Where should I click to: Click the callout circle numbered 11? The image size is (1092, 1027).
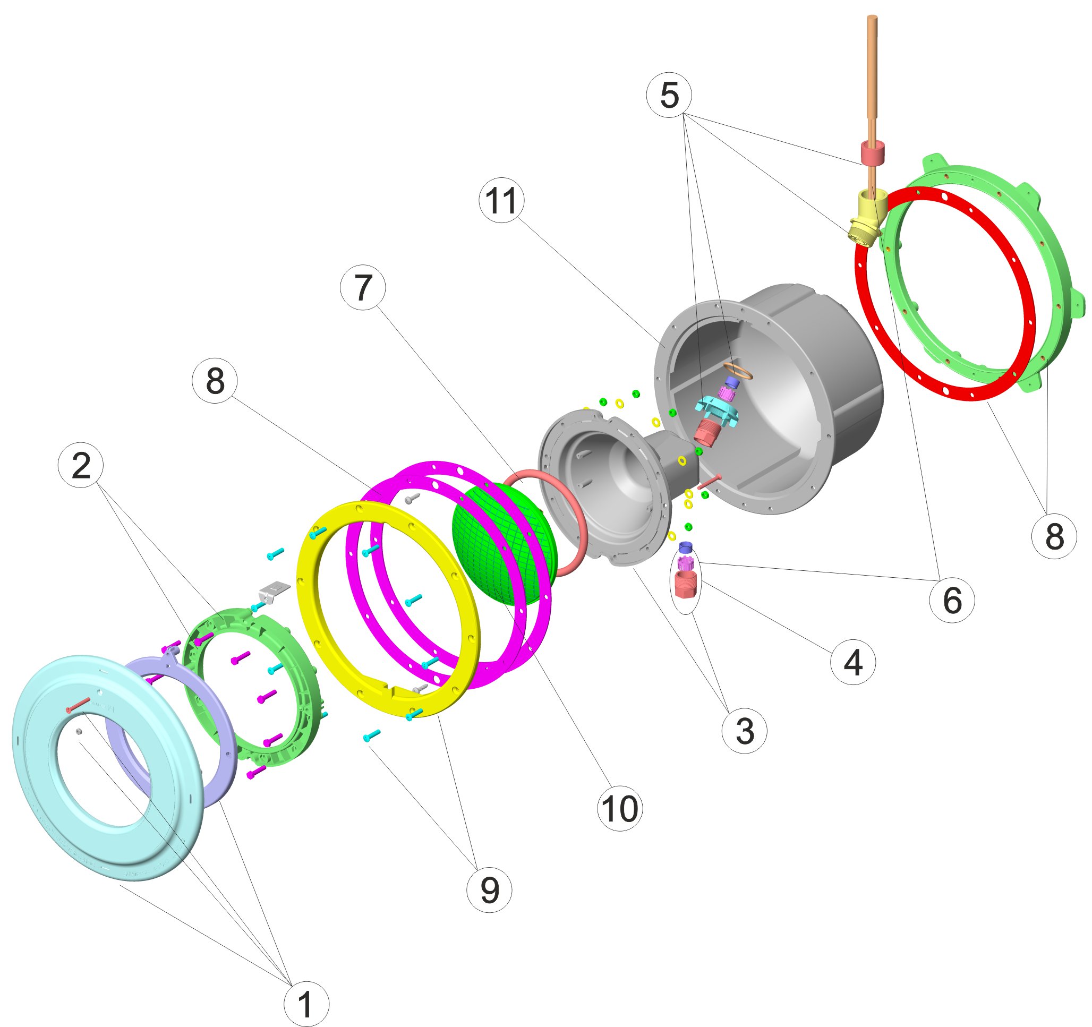click(501, 200)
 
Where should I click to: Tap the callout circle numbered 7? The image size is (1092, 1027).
click(363, 287)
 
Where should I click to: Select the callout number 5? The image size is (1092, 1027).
click(669, 95)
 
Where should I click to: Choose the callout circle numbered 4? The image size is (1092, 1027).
click(852, 662)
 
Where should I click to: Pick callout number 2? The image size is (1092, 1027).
click(81, 466)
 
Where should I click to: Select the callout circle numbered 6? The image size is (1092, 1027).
click(952, 600)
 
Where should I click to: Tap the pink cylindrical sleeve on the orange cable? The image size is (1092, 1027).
click(872, 153)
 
